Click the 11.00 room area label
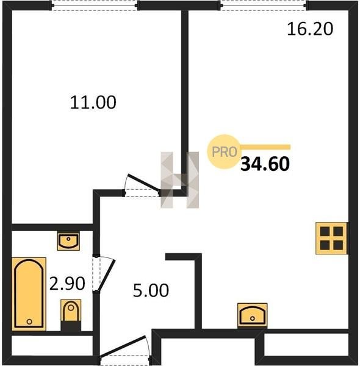(93, 102)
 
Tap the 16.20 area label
(310, 29)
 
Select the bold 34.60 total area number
(265, 164)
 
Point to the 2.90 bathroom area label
(67, 284)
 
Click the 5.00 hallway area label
(151, 290)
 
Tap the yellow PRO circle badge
(224, 152)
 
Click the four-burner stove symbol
(331, 238)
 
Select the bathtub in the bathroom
(29, 294)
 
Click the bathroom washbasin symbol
(68, 242)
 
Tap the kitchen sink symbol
(252, 315)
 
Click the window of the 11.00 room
(95, 5)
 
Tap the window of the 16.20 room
(264, 5)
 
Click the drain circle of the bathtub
(29, 321)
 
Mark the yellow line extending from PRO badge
(265, 147)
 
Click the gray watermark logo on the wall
(180, 180)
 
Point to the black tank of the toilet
(71, 326)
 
